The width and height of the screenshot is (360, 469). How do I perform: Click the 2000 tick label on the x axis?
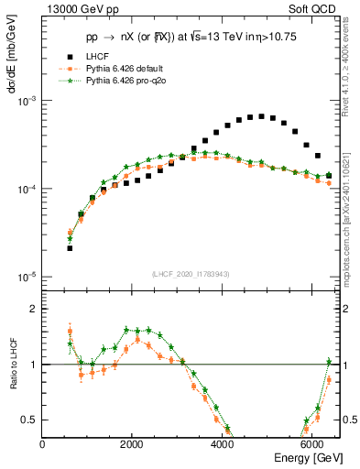click(132, 443)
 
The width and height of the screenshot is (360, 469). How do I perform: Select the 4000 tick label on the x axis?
click(222, 443)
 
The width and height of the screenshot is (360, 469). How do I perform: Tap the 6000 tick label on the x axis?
click(311, 443)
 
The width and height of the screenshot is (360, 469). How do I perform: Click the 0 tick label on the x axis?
click(43, 443)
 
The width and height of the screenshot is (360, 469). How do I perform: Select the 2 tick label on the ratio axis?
click(33, 309)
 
